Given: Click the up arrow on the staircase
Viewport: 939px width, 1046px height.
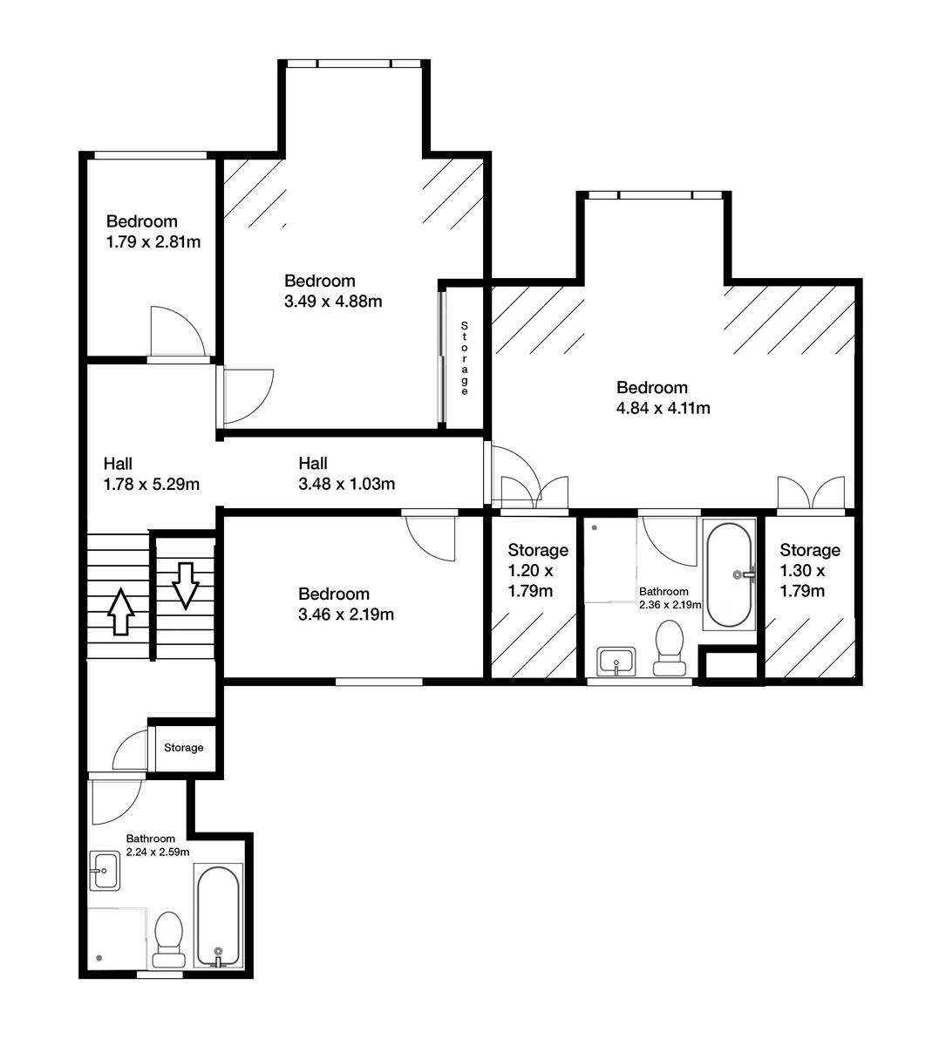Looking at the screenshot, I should coord(119,612).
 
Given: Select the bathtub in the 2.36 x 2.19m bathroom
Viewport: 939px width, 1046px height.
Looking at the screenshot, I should coord(727,575).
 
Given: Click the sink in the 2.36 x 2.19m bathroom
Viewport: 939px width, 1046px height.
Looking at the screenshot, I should coord(618,662).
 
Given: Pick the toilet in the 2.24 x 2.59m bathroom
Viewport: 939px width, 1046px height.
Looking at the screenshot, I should coord(168,941).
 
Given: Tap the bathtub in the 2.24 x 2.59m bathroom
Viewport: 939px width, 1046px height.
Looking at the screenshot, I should coord(217,917).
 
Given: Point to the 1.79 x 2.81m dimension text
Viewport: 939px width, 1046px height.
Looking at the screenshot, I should coord(153,241).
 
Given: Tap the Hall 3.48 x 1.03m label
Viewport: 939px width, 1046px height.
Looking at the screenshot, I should coord(347,473).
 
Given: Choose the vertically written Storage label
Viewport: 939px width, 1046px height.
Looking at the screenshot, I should coord(465,358).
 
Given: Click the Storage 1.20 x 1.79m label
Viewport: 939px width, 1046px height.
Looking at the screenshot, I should coord(538,571).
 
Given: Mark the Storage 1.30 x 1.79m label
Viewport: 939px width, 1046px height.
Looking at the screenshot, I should coord(810,571).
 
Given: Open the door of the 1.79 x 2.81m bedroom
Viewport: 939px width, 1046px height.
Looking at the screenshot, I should coord(176,333).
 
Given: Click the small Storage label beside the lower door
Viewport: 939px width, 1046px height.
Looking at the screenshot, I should coord(184,747).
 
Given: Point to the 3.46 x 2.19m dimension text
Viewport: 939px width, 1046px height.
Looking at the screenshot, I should coord(346,615).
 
